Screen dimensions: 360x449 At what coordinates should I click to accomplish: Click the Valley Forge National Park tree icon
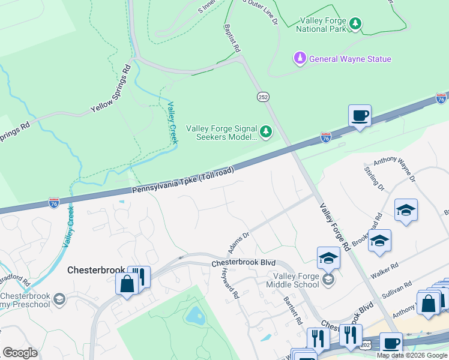[356, 23]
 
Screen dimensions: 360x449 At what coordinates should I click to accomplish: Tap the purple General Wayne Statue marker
[299, 59]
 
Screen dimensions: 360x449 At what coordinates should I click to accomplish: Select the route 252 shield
[263, 97]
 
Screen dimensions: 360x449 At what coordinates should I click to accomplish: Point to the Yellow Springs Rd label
[110, 90]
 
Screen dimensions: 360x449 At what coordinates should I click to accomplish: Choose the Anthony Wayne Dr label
[394, 170]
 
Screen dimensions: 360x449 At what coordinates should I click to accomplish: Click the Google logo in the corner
[20, 353]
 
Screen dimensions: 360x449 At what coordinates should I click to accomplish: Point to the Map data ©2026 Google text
[412, 355]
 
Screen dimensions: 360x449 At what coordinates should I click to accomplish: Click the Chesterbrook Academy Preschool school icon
[59, 299]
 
